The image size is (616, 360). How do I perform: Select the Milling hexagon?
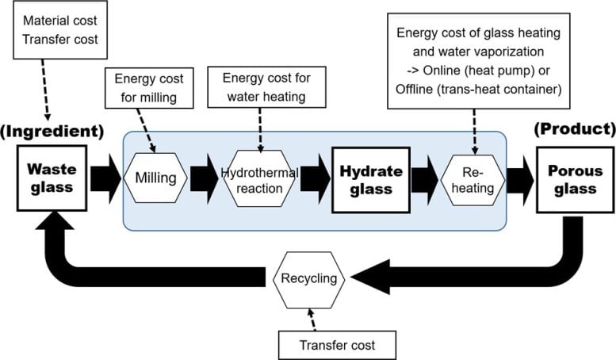(156, 178)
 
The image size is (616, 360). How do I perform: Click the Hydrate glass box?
(373, 178)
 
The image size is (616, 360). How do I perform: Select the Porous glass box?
(570, 178)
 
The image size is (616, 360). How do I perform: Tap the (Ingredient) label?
(52, 129)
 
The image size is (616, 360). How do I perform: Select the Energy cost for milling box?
(150, 88)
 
